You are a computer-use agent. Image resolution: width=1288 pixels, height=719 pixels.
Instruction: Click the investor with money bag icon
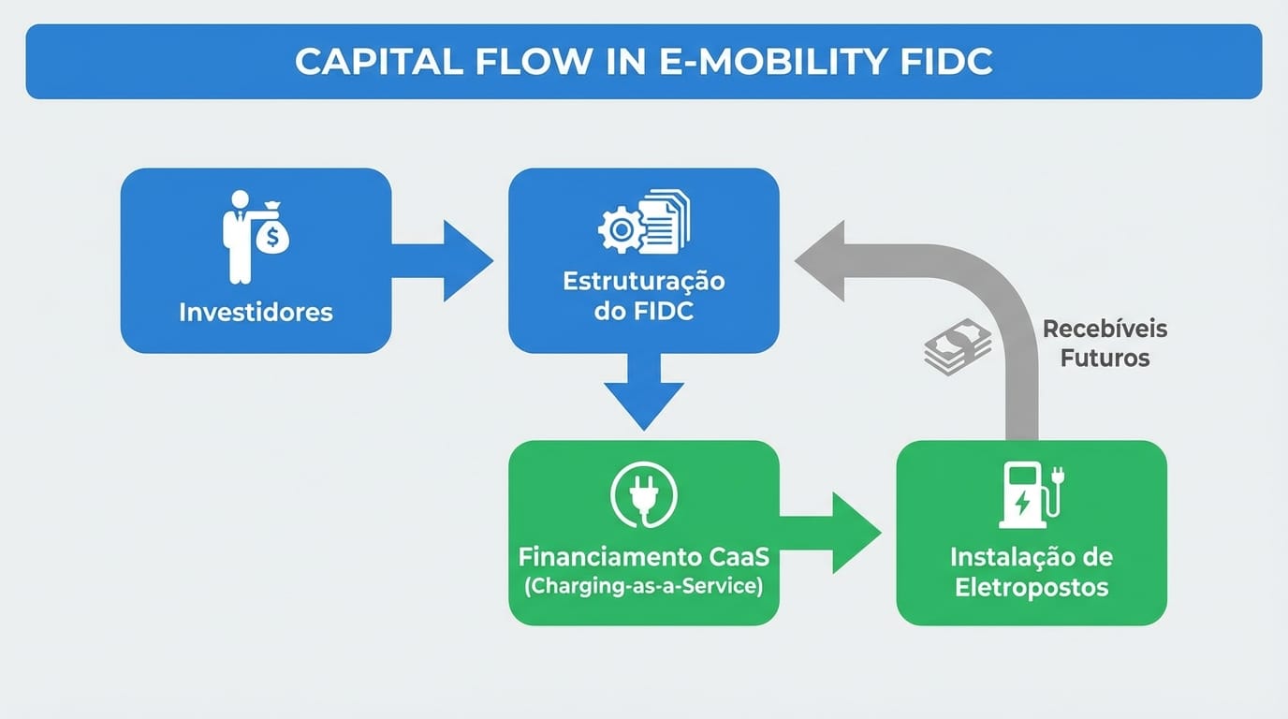click(x=255, y=236)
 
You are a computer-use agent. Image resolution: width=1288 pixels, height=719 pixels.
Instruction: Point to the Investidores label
click(x=256, y=312)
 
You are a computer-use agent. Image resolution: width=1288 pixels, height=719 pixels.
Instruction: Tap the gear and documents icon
click(x=643, y=222)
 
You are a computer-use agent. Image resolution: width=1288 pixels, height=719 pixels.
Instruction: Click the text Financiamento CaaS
click(x=644, y=557)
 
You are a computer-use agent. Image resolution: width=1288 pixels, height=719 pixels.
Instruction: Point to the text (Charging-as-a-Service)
click(x=644, y=587)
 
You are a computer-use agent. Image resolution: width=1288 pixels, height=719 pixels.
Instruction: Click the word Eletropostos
click(x=1032, y=588)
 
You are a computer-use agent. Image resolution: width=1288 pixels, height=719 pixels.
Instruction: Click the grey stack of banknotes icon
click(x=958, y=347)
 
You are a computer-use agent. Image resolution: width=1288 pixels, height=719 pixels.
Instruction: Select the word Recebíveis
click(x=1105, y=330)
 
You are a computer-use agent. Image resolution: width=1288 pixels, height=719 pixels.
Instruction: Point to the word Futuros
click(x=1105, y=359)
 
